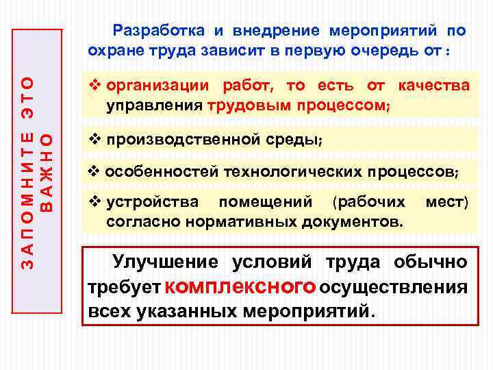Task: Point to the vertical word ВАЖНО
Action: point(47,171)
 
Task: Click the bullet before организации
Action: point(95,86)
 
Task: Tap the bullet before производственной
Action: point(95,140)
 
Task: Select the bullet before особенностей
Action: point(95,171)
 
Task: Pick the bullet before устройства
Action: point(95,203)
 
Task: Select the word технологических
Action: point(280,171)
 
